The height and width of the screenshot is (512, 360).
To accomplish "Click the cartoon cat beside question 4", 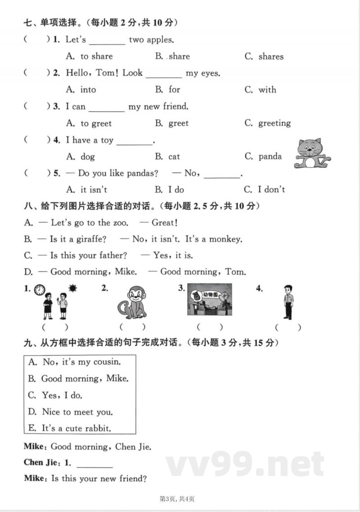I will point(312,154).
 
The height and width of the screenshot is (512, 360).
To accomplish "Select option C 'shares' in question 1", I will point(270,57).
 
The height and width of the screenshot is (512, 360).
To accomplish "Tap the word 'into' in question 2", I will point(88,90).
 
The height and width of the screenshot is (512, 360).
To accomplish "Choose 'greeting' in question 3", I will point(274,123).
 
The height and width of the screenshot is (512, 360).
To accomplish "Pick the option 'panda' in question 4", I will point(270,157).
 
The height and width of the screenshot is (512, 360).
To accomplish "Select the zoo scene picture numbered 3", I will point(209,299).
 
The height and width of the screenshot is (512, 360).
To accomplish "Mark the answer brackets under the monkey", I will point(132,327).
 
